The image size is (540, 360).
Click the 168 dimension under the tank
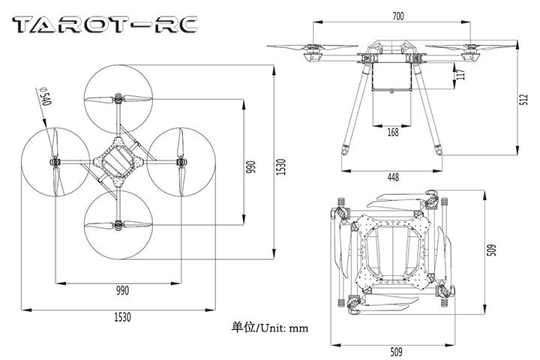(392, 132)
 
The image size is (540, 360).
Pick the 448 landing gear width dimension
(392, 177)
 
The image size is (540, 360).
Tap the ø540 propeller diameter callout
(43, 97)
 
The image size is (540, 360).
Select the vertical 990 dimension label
(250, 166)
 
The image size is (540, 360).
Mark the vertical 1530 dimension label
(280, 166)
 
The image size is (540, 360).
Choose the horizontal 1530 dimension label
(121, 316)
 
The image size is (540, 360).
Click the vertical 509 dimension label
(492, 250)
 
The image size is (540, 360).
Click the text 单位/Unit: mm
(270, 328)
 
